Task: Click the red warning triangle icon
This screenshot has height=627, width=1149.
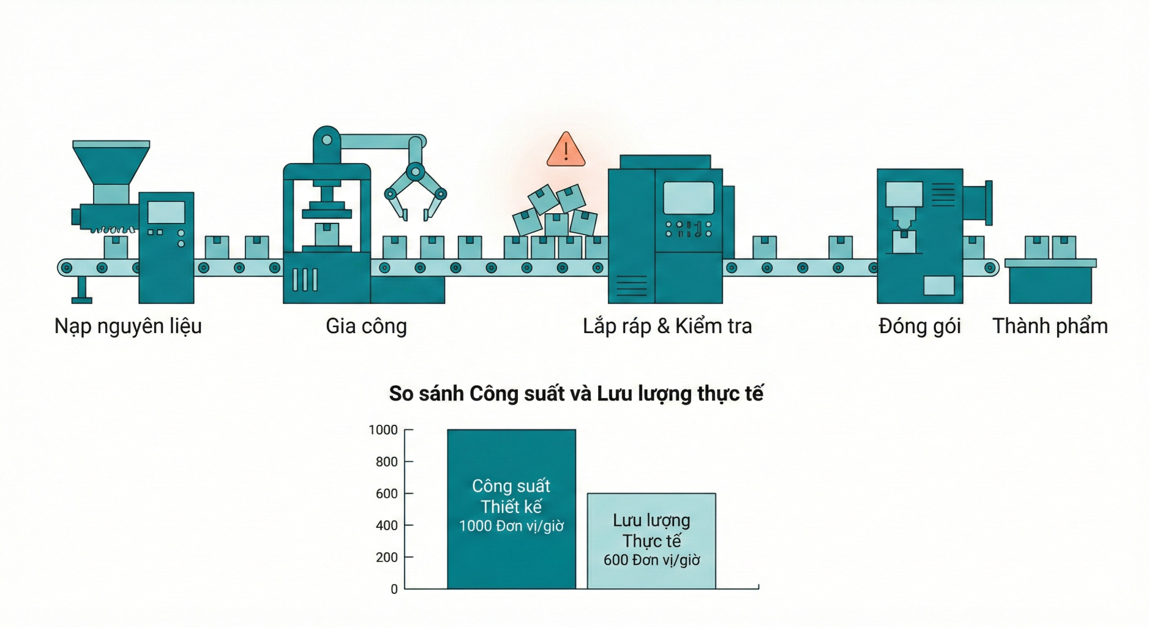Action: tap(566, 151)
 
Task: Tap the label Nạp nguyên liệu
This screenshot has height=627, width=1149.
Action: tap(128, 326)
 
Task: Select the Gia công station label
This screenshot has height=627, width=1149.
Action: tap(366, 326)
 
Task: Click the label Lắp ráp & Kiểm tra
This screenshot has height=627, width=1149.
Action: tap(667, 326)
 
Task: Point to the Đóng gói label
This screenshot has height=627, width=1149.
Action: tap(919, 326)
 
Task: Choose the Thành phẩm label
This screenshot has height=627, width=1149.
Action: tap(1050, 326)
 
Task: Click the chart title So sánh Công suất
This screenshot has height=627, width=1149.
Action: tap(576, 393)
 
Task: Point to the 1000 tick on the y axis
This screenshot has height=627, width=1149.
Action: tap(383, 430)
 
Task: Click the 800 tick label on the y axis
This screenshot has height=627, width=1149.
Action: tap(386, 462)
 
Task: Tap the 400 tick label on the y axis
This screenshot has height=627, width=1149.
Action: tap(386, 525)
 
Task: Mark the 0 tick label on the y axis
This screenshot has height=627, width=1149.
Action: tap(394, 589)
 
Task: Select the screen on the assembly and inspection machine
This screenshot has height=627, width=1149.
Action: tap(689, 198)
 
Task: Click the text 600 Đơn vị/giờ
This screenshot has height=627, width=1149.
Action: tap(651, 560)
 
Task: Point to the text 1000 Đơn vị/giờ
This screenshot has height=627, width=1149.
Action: tap(511, 526)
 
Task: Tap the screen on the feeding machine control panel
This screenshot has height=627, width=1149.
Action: tap(167, 212)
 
